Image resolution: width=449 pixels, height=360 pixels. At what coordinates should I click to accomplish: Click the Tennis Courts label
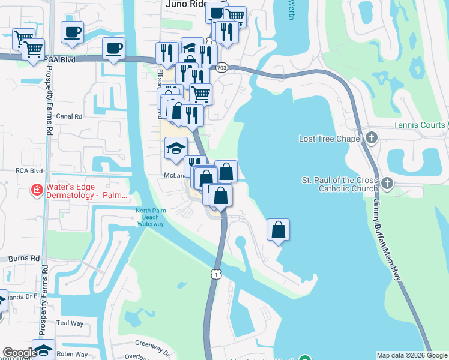[419, 125]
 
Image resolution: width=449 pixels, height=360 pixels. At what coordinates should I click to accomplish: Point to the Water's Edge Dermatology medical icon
[37, 191]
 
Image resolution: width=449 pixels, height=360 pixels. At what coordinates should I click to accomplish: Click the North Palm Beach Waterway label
[149, 217]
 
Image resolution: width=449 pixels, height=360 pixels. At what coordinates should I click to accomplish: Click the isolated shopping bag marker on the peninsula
[279, 230]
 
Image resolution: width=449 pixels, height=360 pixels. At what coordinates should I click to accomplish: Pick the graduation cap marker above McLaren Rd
[176, 148]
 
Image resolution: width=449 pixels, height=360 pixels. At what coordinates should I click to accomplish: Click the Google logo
[20, 353]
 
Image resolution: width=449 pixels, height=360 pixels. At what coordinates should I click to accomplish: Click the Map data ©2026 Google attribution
[411, 355]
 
